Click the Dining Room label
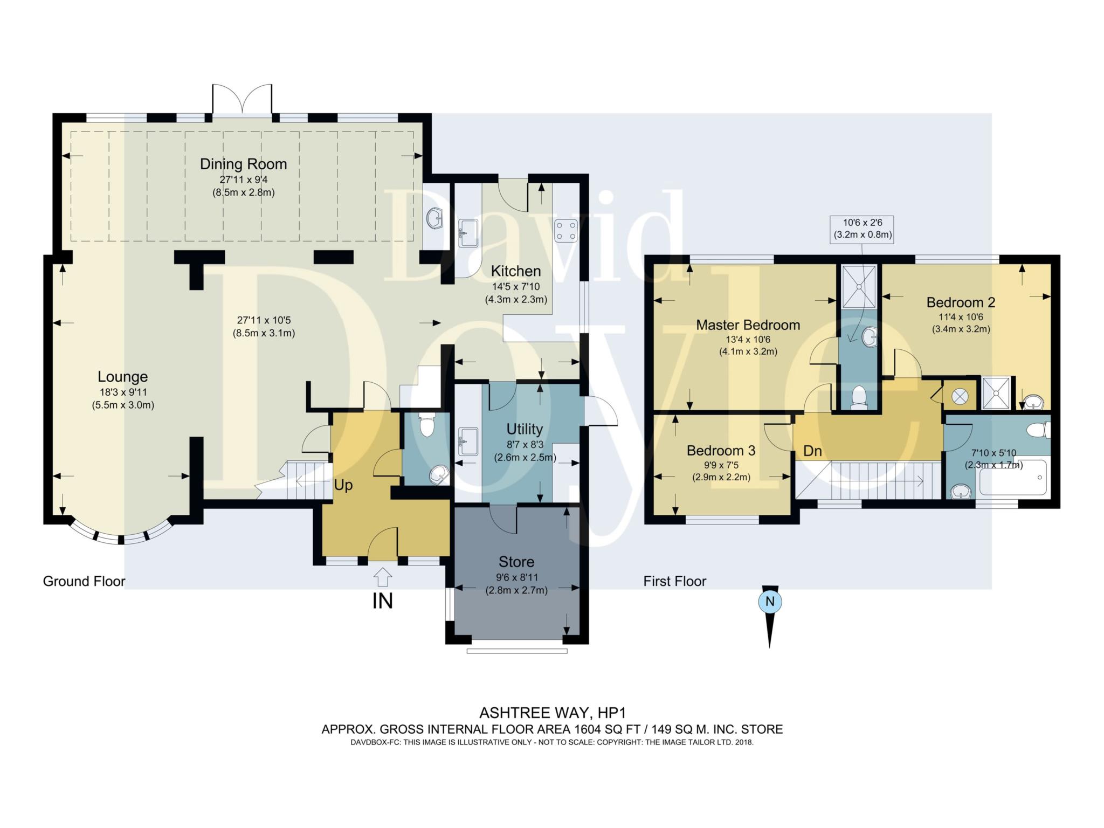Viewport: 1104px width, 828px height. pyautogui.click(x=243, y=164)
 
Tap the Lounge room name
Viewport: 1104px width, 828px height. pyautogui.click(x=122, y=377)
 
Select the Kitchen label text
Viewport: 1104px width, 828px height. pyautogui.click(x=516, y=271)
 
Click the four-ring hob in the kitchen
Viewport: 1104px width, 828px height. pyautogui.click(x=566, y=231)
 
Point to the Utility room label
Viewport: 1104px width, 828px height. pyautogui.click(x=525, y=429)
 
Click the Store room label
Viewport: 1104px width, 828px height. pyautogui.click(x=516, y=562)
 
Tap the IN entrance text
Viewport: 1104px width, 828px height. pyautogui.click(x=383, y=601)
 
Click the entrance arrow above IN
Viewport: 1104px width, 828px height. pyautogui.click(x=383, y=577)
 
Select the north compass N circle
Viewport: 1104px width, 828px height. pyautogui.click(x=770, y=602)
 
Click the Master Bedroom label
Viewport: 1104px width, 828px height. pyautogui.click(x=748, y=325)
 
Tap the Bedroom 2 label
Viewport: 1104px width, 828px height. pyautogui.click(x=961, y=302)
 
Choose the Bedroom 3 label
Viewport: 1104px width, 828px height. pyautogui.click(x=721, y=450)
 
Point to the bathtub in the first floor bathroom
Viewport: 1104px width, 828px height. pyautogui.click(x=1013, y=478)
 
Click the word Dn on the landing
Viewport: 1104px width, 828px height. pyautogui.click(x=812, y=451)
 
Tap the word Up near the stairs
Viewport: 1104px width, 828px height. pyautogui.click(x=343, y=485)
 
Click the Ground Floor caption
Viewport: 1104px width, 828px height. pyautogui.click(x=84, y=581)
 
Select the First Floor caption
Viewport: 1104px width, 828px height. pyautogui.click(x=675, y=581)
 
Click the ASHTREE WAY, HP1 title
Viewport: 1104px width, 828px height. pyautogui.click(x=553, y=713)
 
